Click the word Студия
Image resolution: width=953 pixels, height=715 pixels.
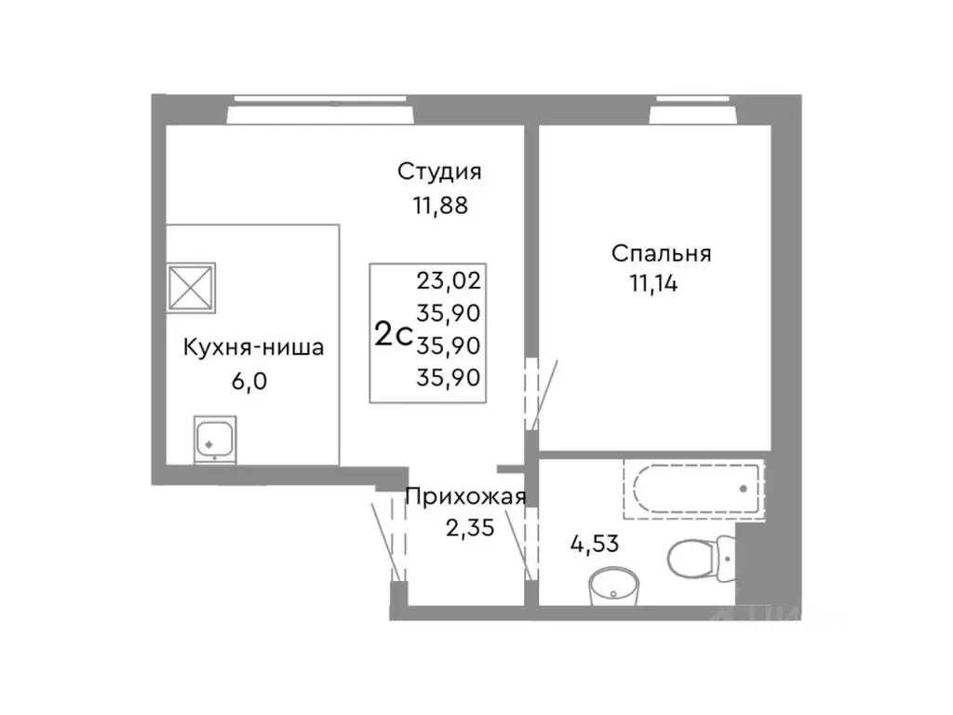coord(438,172)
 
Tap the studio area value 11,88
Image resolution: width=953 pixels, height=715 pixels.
coord(433,207)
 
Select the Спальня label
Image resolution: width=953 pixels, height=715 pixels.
coord(661,253)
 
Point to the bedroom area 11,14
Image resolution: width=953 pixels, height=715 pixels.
coord(653,283)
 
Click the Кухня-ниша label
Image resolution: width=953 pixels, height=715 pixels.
coord(253,349)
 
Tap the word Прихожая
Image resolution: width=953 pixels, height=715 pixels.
coord(466,496)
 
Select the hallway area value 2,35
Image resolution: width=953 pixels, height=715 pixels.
coord(469,528)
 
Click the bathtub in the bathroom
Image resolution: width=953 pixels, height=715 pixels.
coord(693,487)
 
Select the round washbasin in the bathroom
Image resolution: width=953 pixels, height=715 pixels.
coord(612,585)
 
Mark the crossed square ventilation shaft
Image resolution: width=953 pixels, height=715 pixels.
coord(191,286)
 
